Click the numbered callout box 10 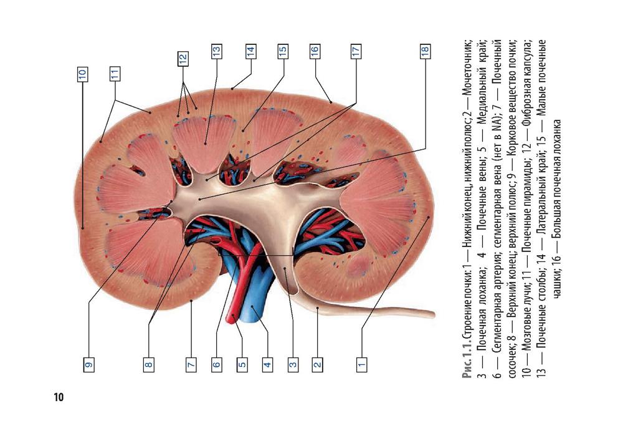(x=82, y=74)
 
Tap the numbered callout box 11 (x=115, y=74)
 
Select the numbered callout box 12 (x=183, y=59)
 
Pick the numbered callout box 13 (x=216, y=52)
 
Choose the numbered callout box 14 (x=250, y=52)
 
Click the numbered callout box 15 (x=282, y=52)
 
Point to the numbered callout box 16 (x=315, y=52)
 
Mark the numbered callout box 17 (x=356, y=52)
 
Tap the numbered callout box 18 (x=425, y=52)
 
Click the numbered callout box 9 (x=88, y=364)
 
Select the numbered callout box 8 (x=149, y=364)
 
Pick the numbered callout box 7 (x=191, y=364)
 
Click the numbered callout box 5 (x=242, y=364)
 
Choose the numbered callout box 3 (x=293, y=364)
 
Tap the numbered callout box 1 (x=361, y=364)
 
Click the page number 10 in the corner (x=59, y=397)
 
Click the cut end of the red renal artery (x=231, y=318)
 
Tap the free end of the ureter (x=433, y=314)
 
